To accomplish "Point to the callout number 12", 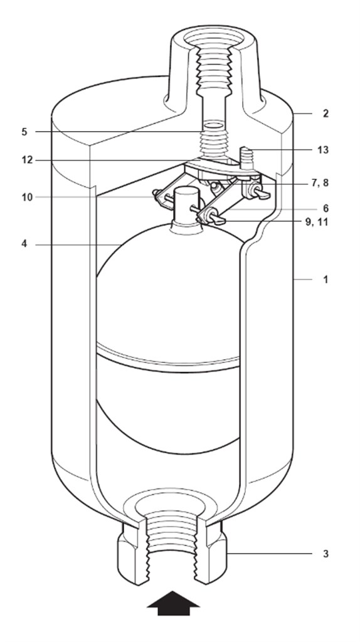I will point(25,160).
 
